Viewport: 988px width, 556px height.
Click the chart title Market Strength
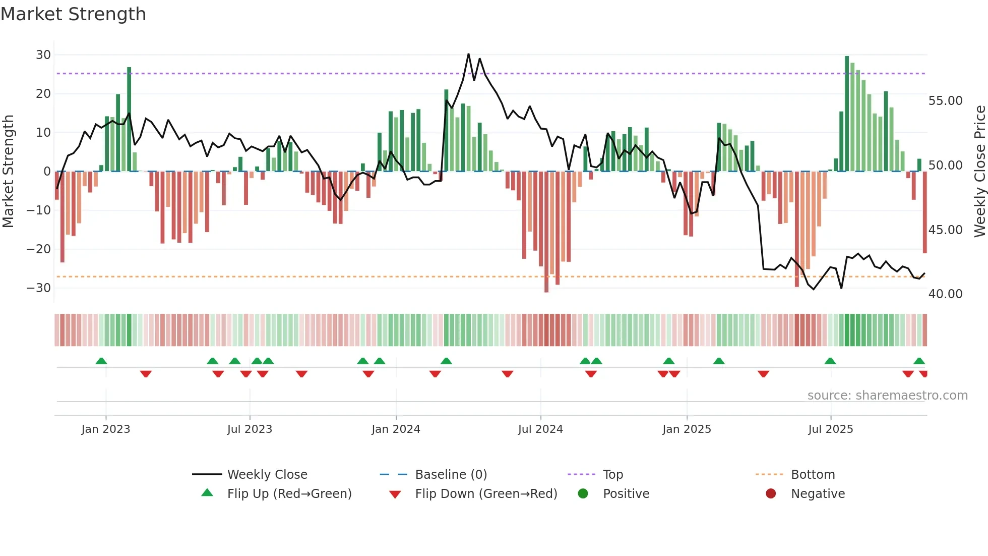(x=73, y=14)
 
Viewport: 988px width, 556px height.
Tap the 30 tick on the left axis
(x=43, y=55)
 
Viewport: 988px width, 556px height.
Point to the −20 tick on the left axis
(x=39, y=249)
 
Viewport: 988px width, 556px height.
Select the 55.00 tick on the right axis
(x=945, y=101)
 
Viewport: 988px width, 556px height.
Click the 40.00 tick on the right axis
(x=945, y=294)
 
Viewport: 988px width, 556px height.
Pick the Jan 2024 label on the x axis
(x=396, y=429)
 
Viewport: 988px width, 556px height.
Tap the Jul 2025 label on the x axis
(x=830, y=429)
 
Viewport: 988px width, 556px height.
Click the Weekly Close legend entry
(x=267, y=475)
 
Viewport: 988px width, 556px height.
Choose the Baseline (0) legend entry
(x=451, y=475)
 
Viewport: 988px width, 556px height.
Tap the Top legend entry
(x=612, y=475)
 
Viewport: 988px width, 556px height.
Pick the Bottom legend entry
(x=813, y=475)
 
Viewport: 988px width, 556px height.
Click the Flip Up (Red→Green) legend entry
(x=289, y=494)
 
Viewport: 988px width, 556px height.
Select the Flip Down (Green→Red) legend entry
(x=486, y=494)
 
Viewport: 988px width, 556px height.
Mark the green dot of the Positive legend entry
(x=583, y=494)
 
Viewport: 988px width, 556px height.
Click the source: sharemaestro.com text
(x=887, y=396)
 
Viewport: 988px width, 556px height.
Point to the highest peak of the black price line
(x=468, y=54)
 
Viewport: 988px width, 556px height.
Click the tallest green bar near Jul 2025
(x=847, y=114)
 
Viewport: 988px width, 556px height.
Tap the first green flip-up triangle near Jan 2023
(x=101, y=361)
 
